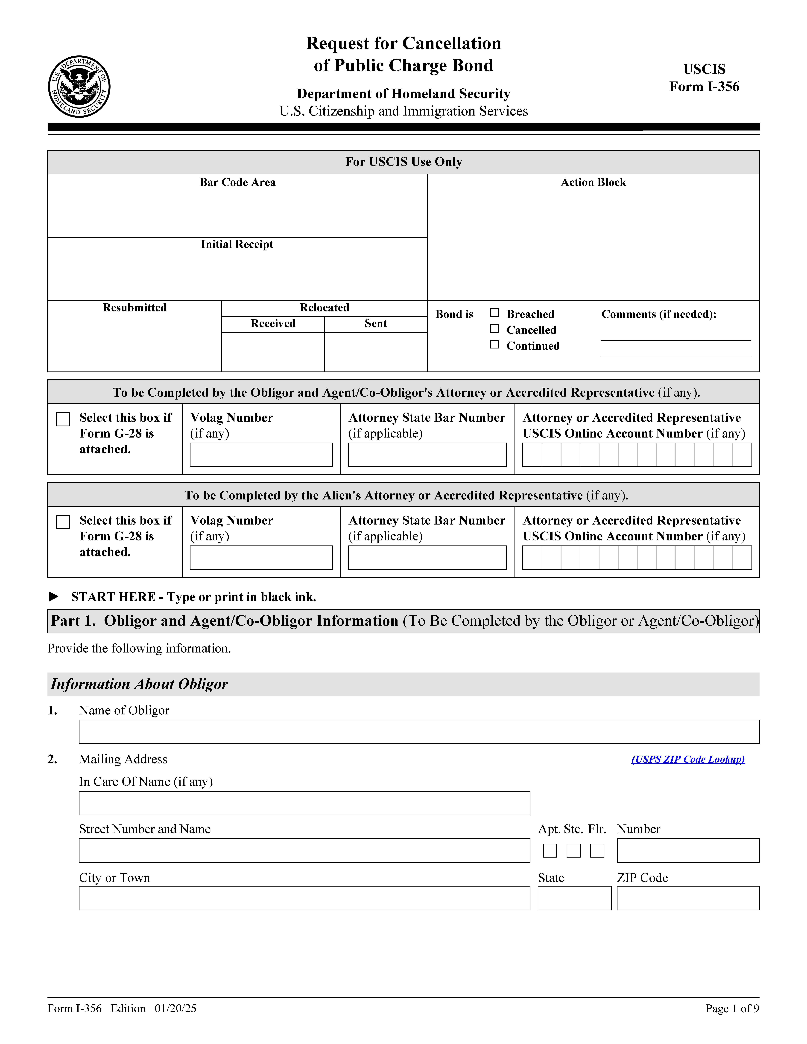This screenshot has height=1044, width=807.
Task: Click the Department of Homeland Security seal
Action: click(x=79, y=87)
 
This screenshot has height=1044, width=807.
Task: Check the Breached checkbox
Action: click(x=495, y=313)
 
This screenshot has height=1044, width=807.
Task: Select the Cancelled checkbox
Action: click(x=495, y=329)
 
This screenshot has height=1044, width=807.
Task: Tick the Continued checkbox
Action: click(x=495, y=345)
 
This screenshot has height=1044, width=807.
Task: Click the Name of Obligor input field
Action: click(x=419, y=732)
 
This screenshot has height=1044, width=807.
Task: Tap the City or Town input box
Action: click(x=304, y=898)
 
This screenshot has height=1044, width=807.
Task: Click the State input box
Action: click(x=574, y=898)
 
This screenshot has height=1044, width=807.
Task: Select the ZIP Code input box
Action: click(x=688, y=898)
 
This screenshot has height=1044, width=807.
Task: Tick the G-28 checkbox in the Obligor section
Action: click(x=63, y=419)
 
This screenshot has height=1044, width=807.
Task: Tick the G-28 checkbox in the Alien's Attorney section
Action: click(x=63, y=522)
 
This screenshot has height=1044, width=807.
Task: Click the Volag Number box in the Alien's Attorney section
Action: click(x=261, y=558)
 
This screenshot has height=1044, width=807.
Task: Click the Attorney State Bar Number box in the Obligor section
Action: click(x=427, y=455)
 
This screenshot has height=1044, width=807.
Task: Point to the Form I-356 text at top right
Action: click(x=704, y=87)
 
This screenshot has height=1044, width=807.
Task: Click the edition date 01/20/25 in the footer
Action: click(x=175, y=1009)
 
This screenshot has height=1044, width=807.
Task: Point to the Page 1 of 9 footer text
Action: click(x=732, y=1009)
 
